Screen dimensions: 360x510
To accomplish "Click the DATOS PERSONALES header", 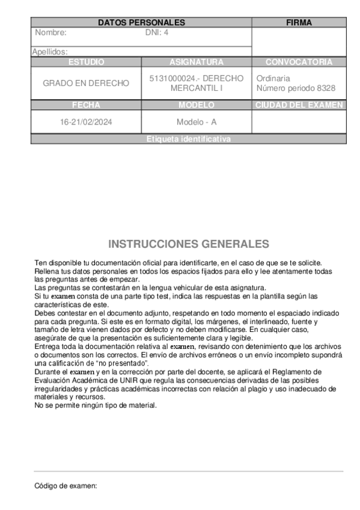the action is [x=141, y=22].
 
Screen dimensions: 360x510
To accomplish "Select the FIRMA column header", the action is [x=299, y=22].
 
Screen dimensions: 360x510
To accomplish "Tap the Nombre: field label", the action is [x=51, y=32].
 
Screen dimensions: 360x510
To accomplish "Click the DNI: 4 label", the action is [x=157, y=32].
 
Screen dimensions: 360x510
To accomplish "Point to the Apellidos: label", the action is [x=50, y=52].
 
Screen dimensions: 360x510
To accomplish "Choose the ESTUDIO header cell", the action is [x=86, y=62].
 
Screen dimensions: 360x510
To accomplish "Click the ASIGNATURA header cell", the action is [x=197, y=62].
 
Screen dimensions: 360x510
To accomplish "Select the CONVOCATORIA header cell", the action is [x=299, y=62].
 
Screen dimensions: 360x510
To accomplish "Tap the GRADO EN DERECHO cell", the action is [x=86, y=83].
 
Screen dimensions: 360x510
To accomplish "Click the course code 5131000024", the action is [x=171, y=78].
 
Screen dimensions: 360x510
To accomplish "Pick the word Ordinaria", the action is [x=273, y=78].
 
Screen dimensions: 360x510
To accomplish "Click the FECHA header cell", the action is [x=86, y=105].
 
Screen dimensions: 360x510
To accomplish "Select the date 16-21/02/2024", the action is [x=86, y=121].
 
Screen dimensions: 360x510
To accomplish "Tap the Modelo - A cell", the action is [x=197, y=121].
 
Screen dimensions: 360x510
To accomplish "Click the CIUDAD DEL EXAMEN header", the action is [x=299, y=105].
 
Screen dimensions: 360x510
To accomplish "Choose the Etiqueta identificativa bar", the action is [x=188, y=139].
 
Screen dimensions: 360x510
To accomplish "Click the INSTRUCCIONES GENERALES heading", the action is [x=188, y=244].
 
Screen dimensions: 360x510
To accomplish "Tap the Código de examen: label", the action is [x=66, y=485].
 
